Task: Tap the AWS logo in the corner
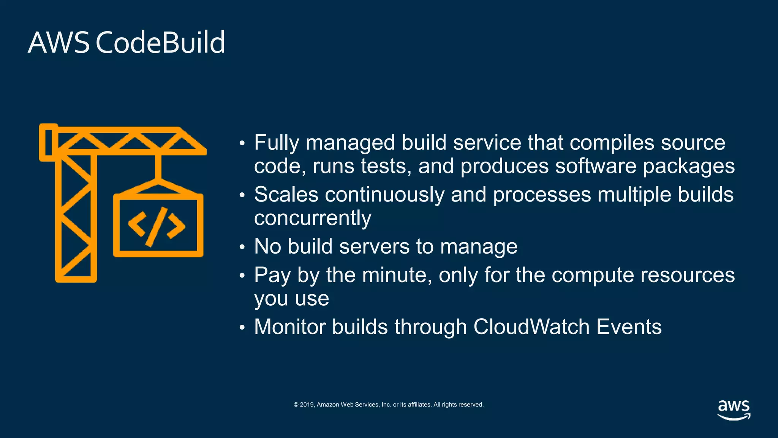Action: pos(734,409)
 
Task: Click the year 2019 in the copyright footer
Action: pos(307,405)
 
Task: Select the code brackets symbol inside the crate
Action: pos(157,226)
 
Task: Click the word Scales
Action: pos(286,195)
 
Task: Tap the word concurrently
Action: pos(312,218)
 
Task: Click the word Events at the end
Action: pos(629,327)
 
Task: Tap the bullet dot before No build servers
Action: pos(242,247)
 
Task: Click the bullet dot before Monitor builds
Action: pos(242,327)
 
